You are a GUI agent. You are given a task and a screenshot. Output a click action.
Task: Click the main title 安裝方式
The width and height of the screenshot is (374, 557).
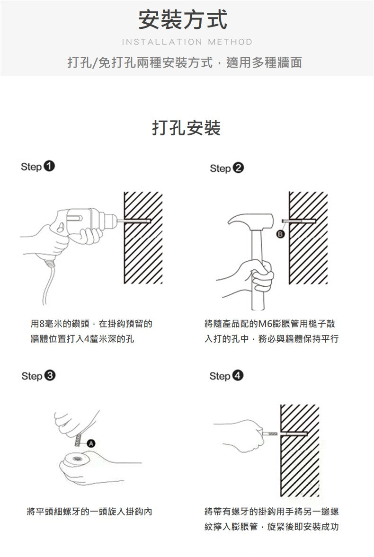(x=183, y=19)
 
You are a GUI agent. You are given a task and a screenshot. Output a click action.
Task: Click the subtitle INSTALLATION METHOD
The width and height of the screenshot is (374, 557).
(x=187, y=42)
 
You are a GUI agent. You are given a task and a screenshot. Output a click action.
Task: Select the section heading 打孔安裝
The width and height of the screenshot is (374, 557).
(x=187, y=128)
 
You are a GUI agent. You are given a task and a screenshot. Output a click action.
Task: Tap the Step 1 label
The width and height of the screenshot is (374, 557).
(x=38, y=166)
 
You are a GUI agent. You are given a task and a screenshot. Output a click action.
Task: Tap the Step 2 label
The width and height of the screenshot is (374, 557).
(x=227, y=168)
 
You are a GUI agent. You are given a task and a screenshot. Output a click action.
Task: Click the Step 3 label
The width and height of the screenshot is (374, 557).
(x=38, y=376)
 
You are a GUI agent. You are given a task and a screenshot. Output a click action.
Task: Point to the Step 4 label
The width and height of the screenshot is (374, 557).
(x=226, y=376)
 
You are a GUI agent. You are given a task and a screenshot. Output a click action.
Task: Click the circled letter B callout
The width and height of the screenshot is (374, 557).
(x=280, y=234)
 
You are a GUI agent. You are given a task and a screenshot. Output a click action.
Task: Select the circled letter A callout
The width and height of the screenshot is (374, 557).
(x=91, y=443)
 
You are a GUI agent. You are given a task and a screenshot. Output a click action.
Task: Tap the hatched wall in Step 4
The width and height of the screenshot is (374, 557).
(x=300, y=451)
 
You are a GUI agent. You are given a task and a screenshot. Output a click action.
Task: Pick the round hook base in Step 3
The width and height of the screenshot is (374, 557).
(x=75, y=460)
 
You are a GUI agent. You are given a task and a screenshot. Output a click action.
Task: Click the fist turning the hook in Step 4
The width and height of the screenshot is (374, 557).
(x=245, y=435)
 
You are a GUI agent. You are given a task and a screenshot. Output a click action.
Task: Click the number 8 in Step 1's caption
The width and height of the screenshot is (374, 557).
(x=42, y=324)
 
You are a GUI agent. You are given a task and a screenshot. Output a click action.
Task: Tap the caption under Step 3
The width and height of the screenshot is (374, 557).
(x=89, y=512)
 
